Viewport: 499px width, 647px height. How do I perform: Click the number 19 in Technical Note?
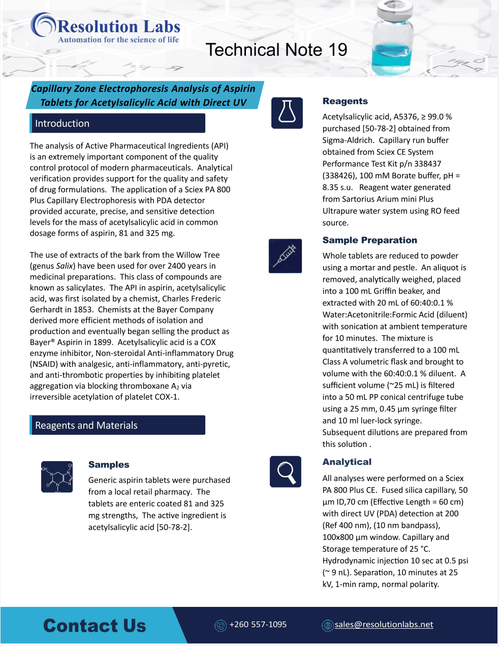(x=338, y=50)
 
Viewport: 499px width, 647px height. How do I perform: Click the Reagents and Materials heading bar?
(x=117, y=425)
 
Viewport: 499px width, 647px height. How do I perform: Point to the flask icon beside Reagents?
(x=287, y=113)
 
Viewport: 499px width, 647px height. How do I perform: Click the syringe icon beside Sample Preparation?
(x=285, y=256)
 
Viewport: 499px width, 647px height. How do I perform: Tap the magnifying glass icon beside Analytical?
(x=286, y=472)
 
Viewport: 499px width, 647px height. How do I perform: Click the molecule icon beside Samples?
(x=57, y=476)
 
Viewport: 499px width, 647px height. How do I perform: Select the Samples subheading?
(x=109, y=465)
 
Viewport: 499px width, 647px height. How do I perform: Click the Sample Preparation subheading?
(x=369, y=240)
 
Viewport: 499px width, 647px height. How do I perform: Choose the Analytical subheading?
(x=347, y=462)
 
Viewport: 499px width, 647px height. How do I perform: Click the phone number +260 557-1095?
(x=258, y=625)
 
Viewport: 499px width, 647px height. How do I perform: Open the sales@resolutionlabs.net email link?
(x=384, y=625)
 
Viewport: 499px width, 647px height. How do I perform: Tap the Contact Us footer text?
(x=95, y=626)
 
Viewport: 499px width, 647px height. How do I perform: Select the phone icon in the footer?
(x=221, y=626)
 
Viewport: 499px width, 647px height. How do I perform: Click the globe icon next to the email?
(x=328, y=626)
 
